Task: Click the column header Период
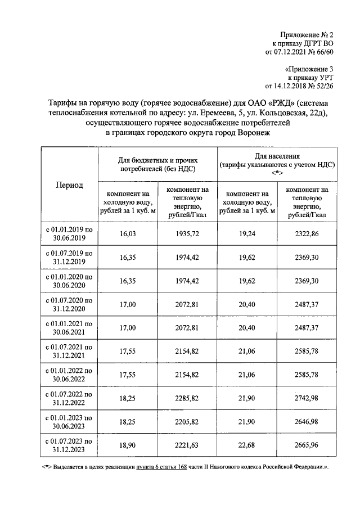[69, 185]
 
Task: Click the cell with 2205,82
[187, 422]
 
